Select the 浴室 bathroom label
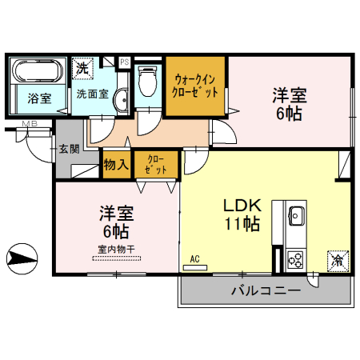click(38, 99)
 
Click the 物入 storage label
click(116, 165)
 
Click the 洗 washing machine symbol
click(82, 70)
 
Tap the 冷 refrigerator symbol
click(337, 260)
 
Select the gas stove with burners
click(294, 259)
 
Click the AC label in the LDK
click(194, 258)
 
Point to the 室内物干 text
click(117, 249)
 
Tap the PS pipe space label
click(124, 61)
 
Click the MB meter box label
click(30, 123)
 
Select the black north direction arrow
click(21, 258)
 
